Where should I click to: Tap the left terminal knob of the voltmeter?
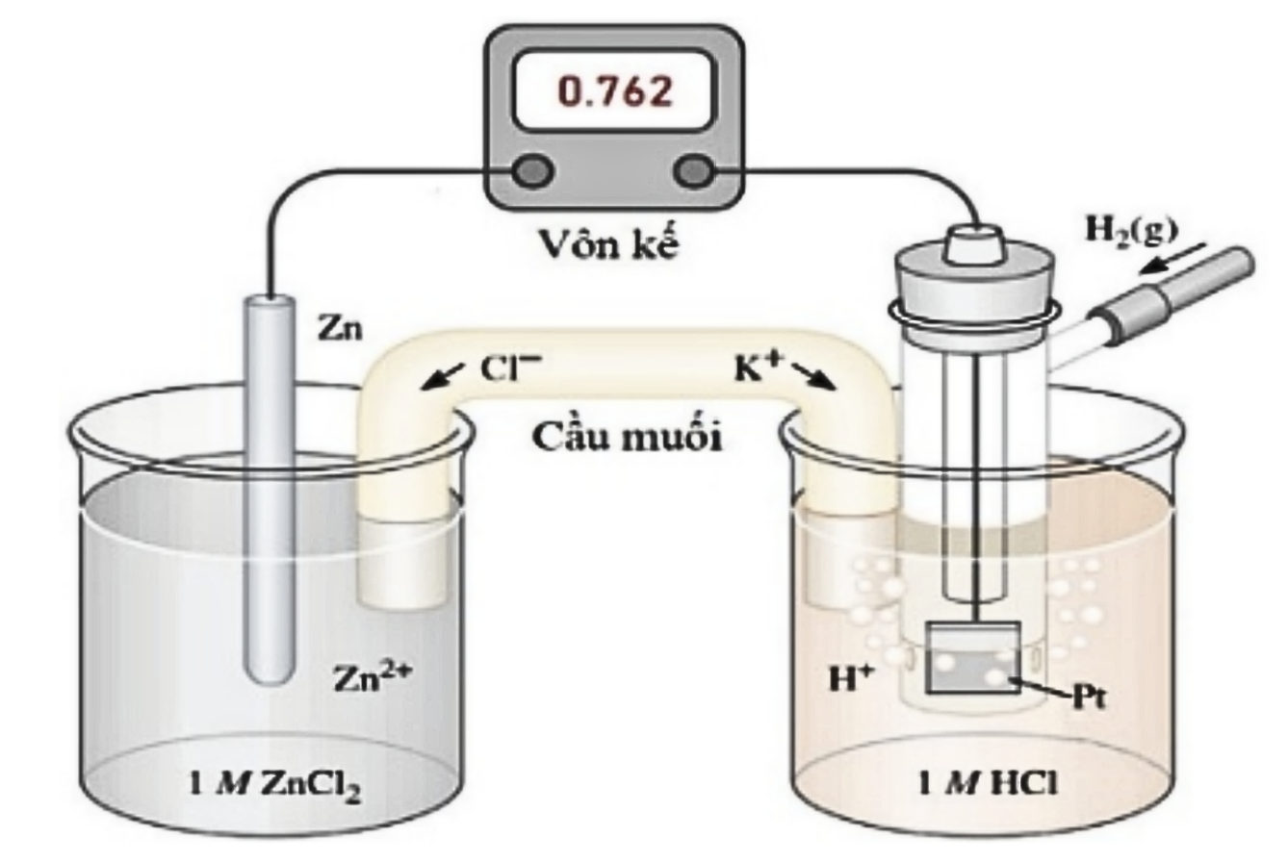point(533,171)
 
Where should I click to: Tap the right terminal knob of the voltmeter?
point(694,171)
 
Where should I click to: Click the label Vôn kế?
point(610,243)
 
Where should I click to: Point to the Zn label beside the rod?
point(341,329)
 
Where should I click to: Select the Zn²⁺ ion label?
point(374,677)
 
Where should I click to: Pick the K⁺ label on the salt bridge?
point(758,367)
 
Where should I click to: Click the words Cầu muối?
point(627,438)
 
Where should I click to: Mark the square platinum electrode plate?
point(972,657)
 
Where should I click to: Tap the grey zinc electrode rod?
point(270,490)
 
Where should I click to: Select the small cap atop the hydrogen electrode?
point(973,244)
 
